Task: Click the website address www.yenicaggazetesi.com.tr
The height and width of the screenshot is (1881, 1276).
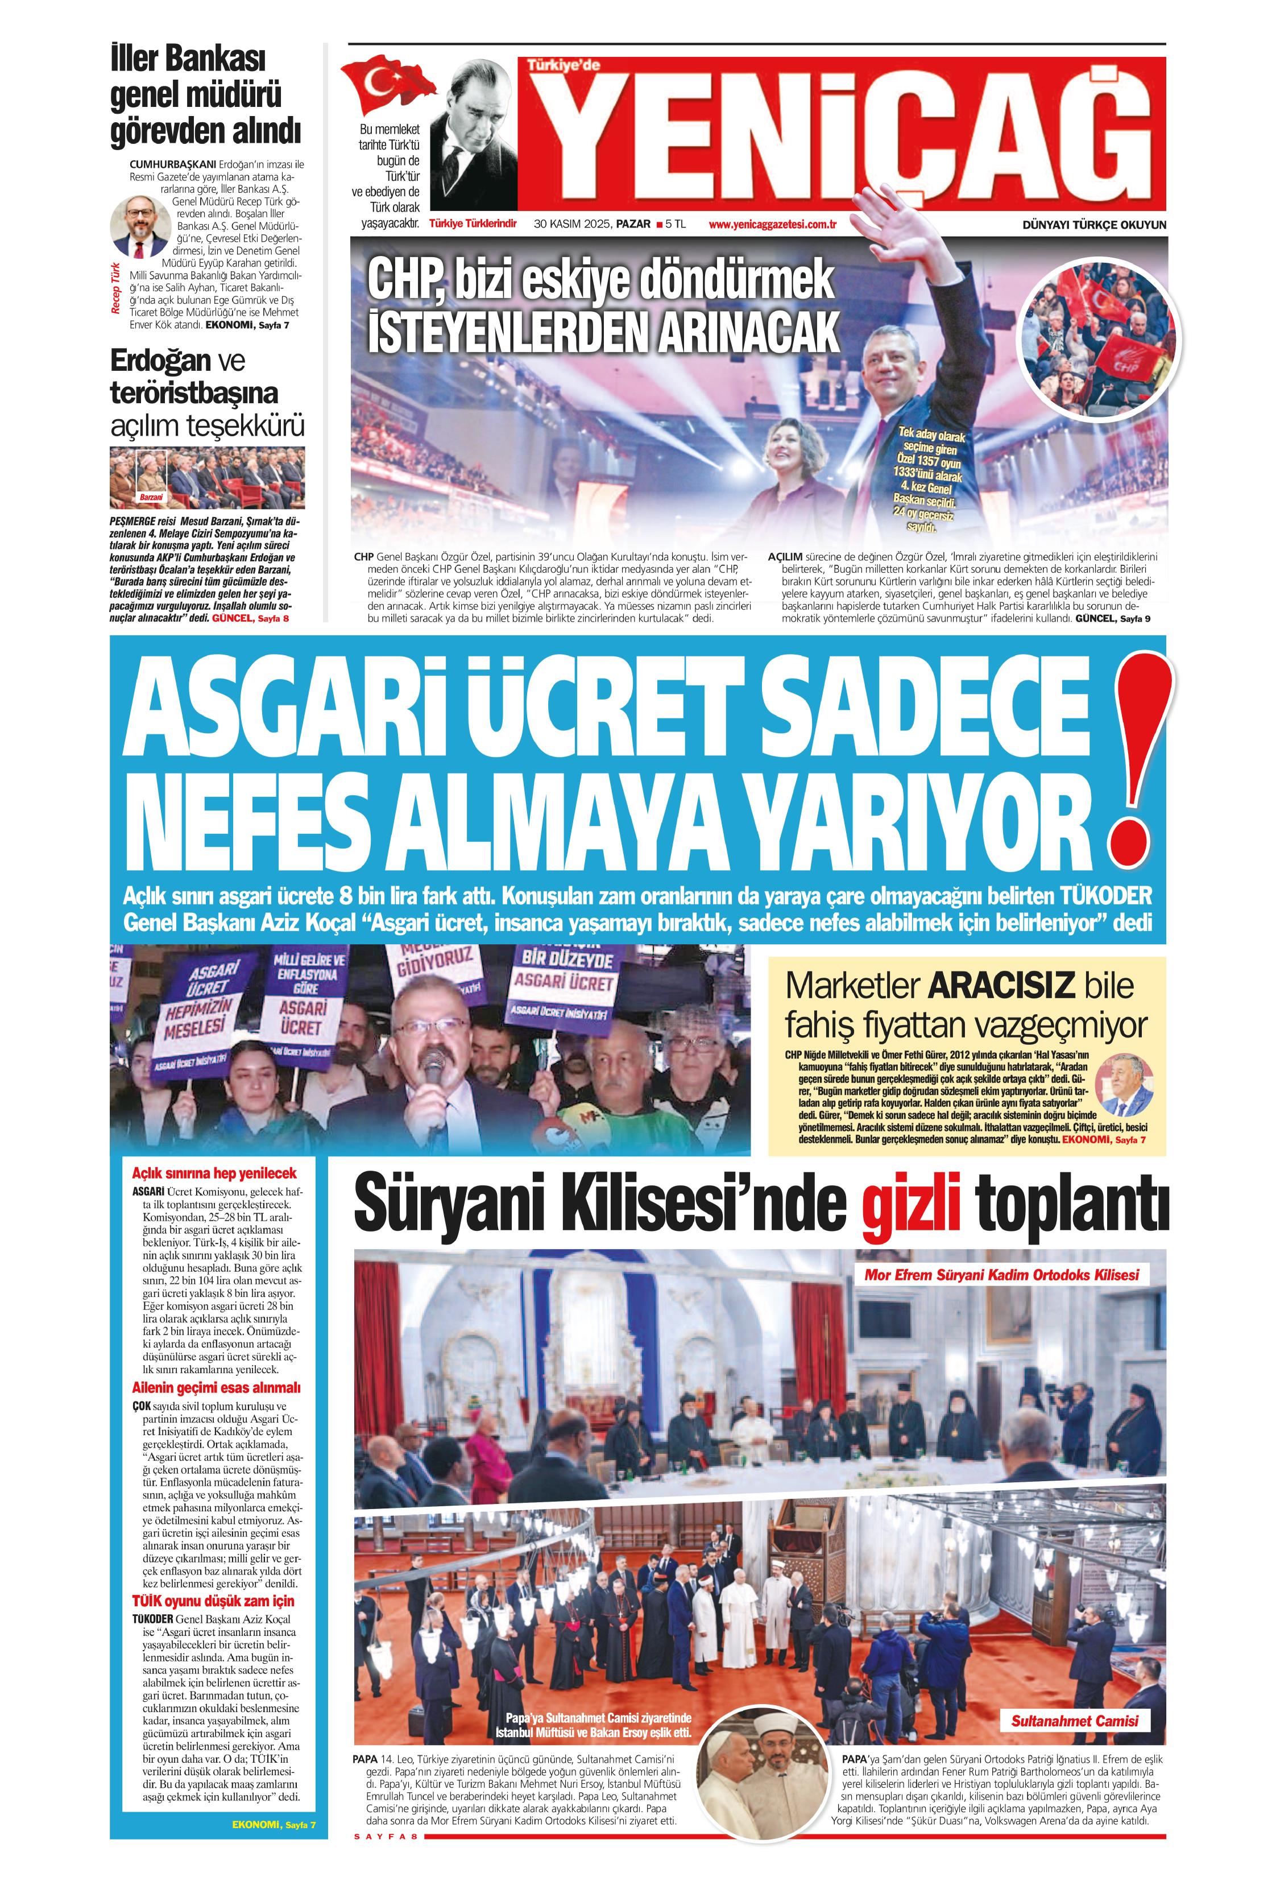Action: coord(772,224)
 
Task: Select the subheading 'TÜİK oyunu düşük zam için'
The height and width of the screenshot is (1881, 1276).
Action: coord(213,1601)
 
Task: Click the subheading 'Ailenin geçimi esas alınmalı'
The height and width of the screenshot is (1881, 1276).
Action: coord(216,1387)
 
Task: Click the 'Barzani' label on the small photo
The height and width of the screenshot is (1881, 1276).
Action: coord(151,496)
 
